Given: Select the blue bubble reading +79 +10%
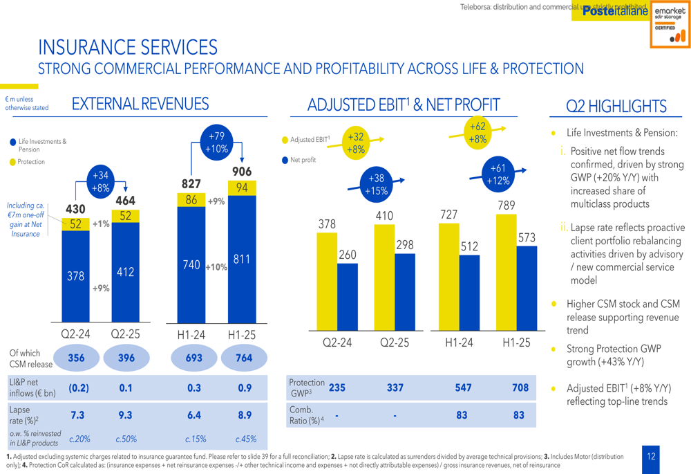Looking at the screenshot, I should pos(217,143).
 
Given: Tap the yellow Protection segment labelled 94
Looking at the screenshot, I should pos(242,188).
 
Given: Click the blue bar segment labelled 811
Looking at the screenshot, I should pos(242,259).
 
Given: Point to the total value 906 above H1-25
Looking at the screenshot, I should pos(242,172).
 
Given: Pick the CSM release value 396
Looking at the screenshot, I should pos(126,358).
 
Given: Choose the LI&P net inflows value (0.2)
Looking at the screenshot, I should pos(79,388).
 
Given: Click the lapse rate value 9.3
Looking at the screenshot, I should pos(126,415).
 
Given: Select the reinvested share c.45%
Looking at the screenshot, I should pos(245,439).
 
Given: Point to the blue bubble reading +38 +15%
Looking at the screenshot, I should pos(376,185).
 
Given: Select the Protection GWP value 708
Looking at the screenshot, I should pos(520,388).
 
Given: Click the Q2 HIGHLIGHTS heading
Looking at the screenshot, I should pos(616,106).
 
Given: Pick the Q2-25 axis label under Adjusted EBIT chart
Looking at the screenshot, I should pos(395,342).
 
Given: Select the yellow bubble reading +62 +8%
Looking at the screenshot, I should pos(477,133).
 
